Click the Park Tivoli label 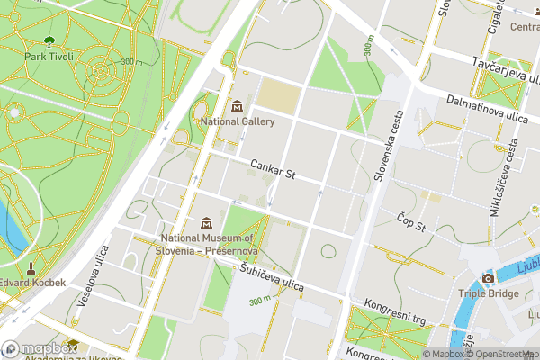48,56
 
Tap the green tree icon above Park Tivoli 48,40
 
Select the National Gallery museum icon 237,107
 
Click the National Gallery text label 237,121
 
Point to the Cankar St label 273,168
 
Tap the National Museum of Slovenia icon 206,222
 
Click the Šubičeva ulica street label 272,277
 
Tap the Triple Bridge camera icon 488,278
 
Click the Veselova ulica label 91,278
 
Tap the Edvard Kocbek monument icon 31,267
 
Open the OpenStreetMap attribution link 499,354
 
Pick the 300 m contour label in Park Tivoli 131,62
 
